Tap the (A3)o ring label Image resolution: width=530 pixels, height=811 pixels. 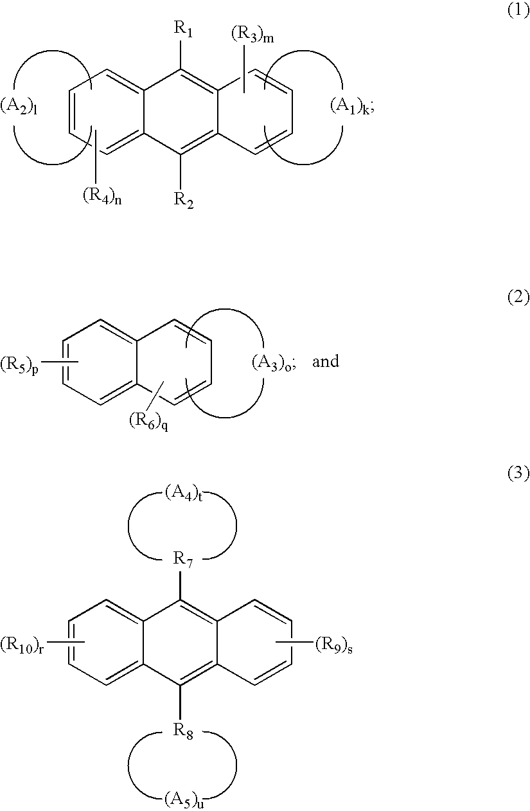(272, 362)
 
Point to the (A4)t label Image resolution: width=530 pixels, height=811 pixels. (183, 494)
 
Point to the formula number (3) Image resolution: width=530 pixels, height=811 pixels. (518, 474)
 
